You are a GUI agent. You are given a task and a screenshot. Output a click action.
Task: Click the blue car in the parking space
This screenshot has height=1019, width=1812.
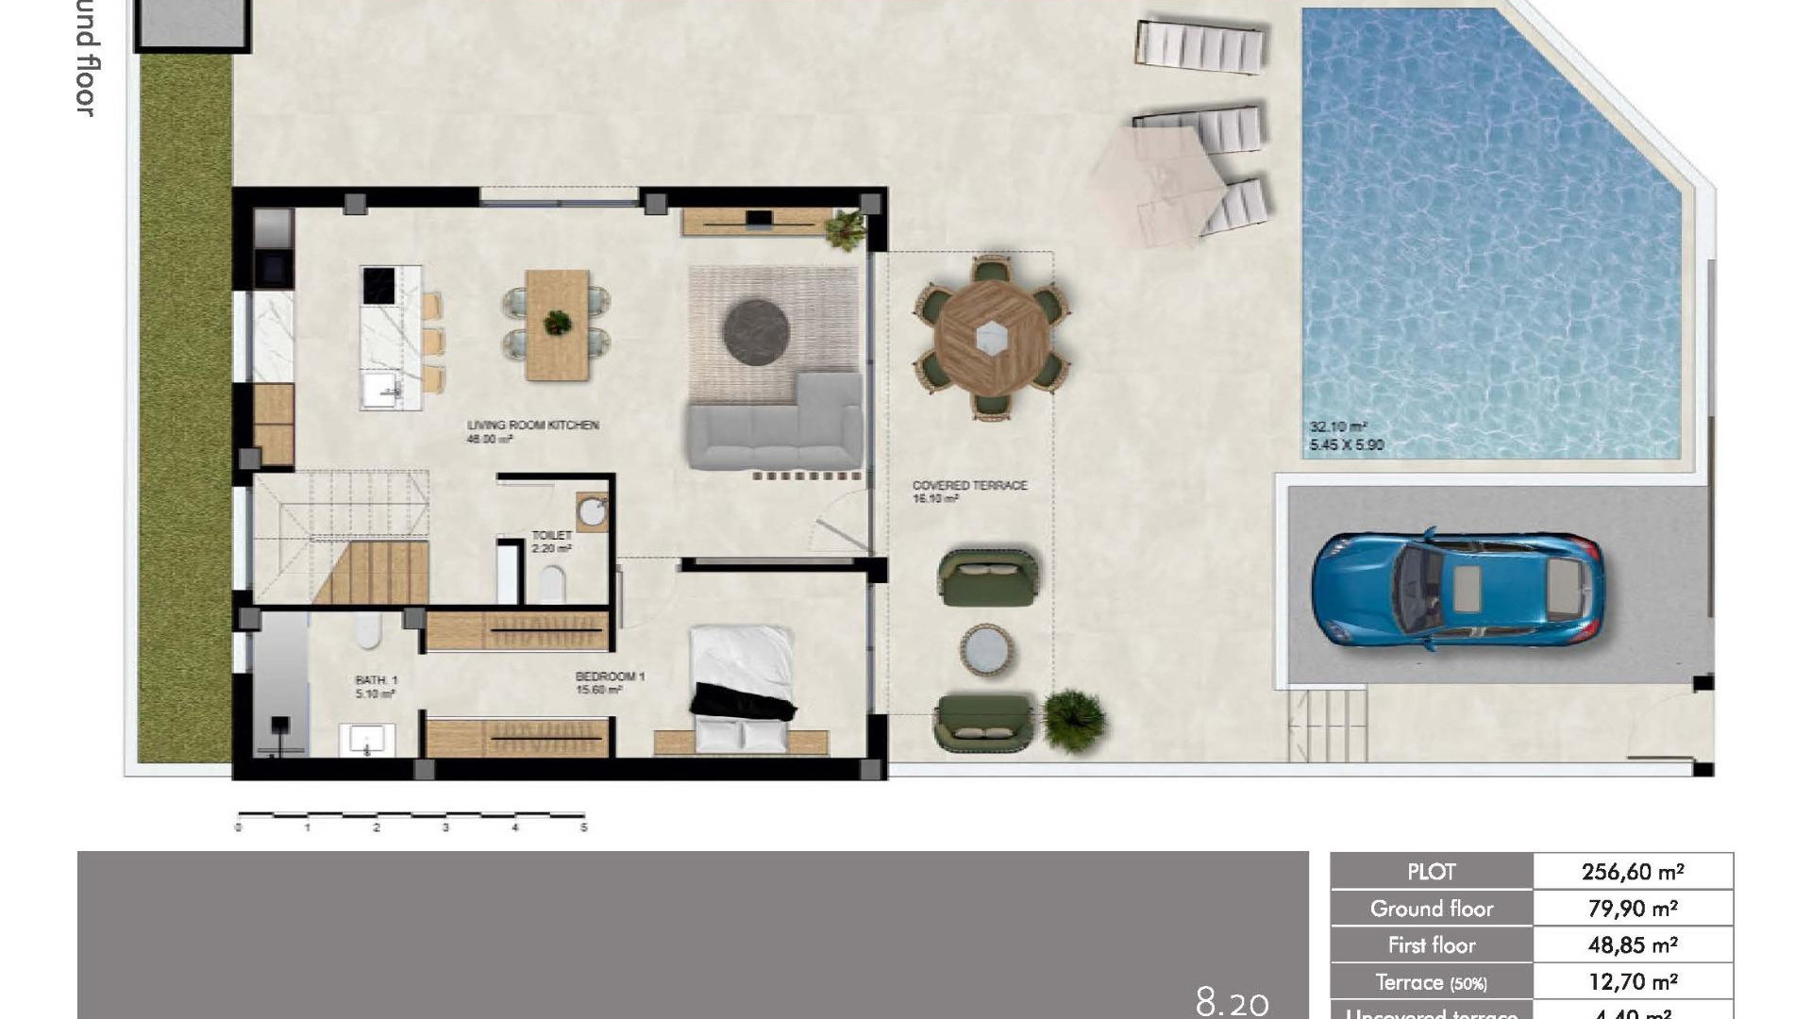(1456, 591)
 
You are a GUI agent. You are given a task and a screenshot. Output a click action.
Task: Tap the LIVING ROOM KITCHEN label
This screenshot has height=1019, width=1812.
(532, 426)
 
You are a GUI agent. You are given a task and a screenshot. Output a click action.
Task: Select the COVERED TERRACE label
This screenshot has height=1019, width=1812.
(969, 485)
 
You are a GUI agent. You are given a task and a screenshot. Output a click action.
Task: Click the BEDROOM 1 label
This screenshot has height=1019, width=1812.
(610, 677)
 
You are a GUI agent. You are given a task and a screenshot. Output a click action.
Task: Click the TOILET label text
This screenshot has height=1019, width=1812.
(551, 535)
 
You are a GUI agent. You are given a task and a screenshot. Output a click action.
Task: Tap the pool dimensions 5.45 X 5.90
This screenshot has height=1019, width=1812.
(1346, 444)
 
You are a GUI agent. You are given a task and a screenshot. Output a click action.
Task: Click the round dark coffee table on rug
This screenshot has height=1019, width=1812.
(756, 331)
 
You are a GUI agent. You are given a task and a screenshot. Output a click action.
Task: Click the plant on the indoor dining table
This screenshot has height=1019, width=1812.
(558, 323)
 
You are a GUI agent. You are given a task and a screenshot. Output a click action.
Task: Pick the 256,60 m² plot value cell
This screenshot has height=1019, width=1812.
(1632, 872)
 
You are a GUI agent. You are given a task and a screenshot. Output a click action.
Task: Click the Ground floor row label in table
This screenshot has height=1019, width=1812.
(1431, 909)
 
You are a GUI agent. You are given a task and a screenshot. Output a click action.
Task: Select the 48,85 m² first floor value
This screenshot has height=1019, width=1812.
(1632, 944)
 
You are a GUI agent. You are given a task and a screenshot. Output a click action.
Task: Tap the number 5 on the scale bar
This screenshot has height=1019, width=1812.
(584, 827)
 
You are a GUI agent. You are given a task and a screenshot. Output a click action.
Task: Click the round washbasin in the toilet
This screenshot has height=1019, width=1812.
(593, 512)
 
